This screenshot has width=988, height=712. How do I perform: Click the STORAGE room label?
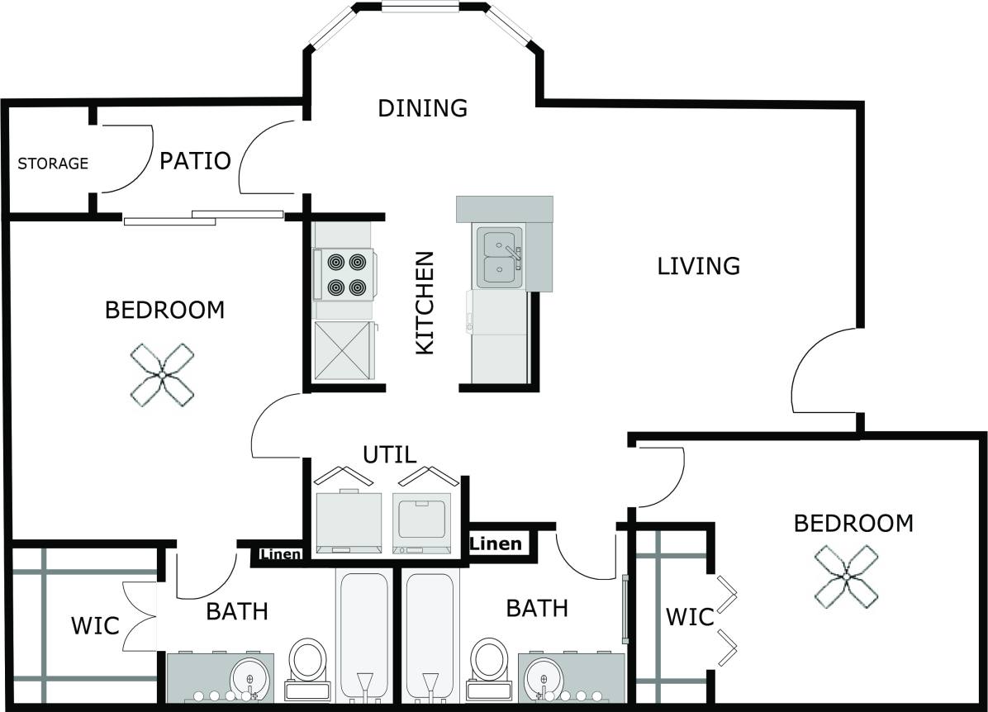pos(53,164)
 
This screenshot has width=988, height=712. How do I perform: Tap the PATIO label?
pos(195,160)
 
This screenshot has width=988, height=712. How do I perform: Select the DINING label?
pos(422,108)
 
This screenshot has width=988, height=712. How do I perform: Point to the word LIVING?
pos(698,266)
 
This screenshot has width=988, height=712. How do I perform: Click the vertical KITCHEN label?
pos(424,302)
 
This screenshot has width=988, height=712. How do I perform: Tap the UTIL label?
pos(390,454)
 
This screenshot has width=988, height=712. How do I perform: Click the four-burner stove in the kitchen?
pos(346,274)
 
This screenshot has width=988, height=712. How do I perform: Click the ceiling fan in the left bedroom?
pos(163,375)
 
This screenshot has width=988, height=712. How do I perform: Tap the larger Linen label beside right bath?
pos(496,543)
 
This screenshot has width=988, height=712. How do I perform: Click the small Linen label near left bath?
pos(281,554)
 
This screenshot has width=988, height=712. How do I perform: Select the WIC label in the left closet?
pos(95,625)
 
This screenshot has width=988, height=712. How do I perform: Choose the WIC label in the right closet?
pos(689,616)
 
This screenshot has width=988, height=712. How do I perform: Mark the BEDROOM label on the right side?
pos(853,524)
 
